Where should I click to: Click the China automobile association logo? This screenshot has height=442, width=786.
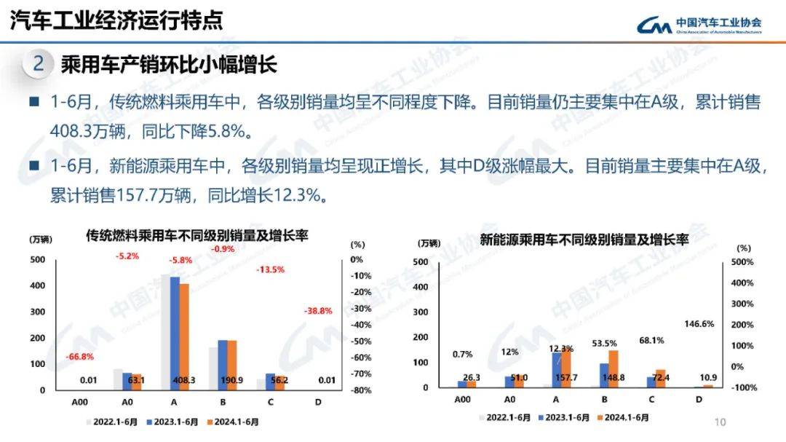699,25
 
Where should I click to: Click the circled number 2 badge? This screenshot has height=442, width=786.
39,64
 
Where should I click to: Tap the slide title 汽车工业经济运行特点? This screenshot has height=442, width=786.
116,20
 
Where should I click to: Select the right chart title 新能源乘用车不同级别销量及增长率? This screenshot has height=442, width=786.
584,239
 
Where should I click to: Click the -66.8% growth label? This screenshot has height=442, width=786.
80,357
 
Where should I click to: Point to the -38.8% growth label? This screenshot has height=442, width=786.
317,311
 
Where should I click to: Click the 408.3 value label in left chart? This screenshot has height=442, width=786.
180,379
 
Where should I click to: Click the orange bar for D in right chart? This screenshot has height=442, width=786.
707,386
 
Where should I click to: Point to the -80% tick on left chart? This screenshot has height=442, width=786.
362,390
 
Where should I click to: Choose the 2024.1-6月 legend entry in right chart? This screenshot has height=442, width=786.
623,418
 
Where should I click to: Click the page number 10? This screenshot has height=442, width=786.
720,422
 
